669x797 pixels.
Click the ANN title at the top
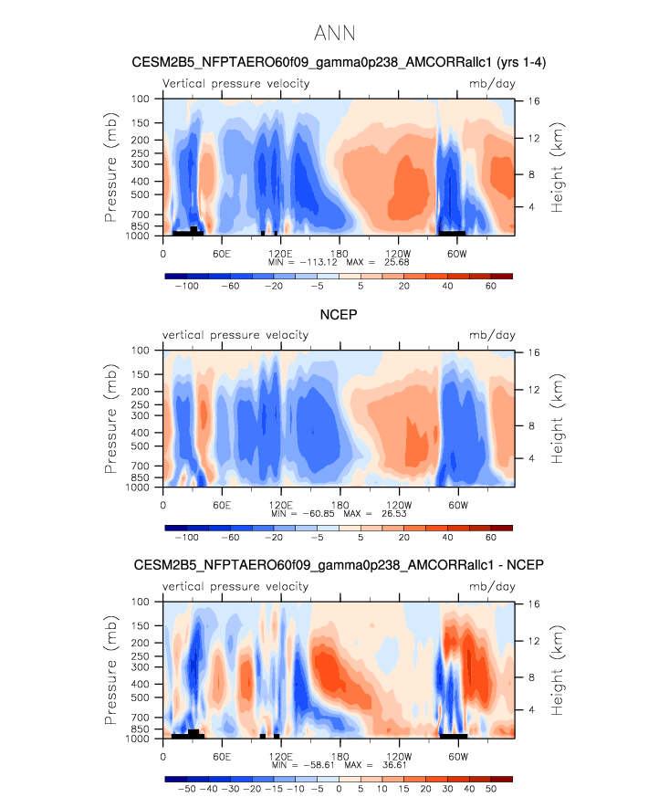point(334,34)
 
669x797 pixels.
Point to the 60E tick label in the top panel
point(221,252)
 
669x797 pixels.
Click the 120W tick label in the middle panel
point(398,504)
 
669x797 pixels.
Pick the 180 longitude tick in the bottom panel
point(340,755)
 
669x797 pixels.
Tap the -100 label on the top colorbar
point(187,287)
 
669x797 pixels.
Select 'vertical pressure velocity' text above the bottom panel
point(235,587)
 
